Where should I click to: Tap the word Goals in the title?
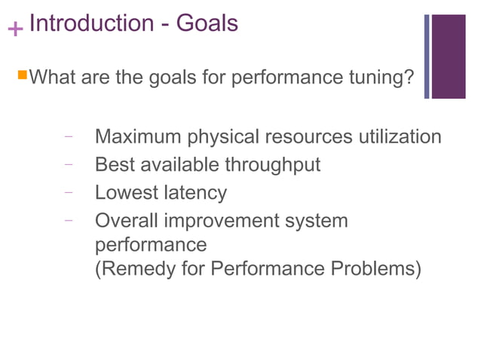click(x=207, y=23)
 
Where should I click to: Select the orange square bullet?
click(x=22, y=75)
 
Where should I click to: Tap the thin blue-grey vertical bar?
click(x=427, y=56)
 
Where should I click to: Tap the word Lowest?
click(x=125, y=192)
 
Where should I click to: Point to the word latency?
click(x=195, y=193)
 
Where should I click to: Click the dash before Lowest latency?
click(x=69, y=192)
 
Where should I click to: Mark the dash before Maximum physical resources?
click(x=69, y=137)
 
